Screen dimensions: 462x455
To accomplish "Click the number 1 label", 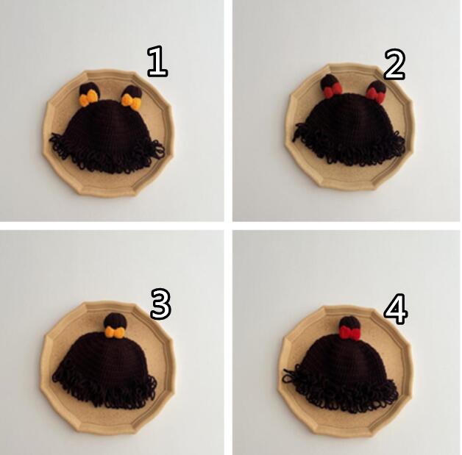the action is pos(157,62).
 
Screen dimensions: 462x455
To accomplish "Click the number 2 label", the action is pos(394,65).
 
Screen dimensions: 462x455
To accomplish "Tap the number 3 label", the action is pos(160,304).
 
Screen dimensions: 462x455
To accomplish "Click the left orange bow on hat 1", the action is pos(88,98).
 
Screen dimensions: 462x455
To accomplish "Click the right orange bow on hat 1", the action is pos(131,101).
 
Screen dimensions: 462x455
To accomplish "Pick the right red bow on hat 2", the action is pos(375,95).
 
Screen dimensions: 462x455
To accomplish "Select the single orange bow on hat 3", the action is pos(114,332).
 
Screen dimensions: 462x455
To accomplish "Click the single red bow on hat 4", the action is pos(349,333).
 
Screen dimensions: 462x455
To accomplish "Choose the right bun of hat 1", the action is pos(132,93).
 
